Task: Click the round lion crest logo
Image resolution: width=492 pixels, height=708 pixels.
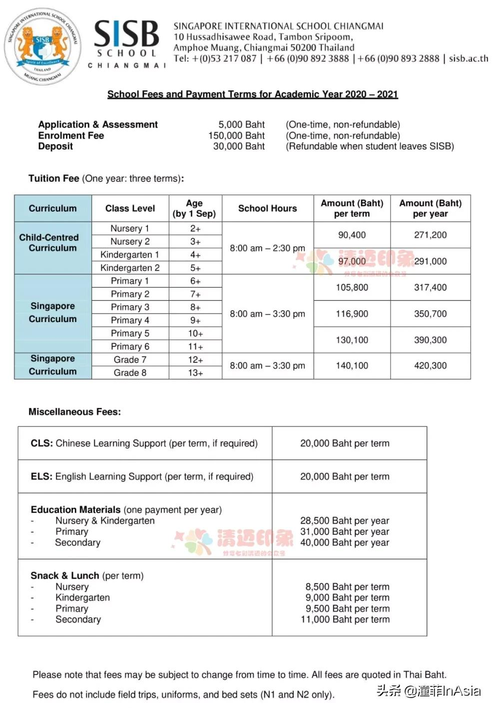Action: coord(43,46)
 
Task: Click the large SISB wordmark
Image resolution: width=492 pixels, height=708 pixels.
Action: coord(127,34)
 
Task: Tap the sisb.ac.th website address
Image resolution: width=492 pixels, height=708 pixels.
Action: coord(468,58)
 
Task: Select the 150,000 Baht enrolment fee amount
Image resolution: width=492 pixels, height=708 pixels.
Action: coord(236,135)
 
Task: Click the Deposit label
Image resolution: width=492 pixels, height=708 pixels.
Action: coord(55,146)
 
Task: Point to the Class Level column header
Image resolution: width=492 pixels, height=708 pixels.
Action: coord(130,208)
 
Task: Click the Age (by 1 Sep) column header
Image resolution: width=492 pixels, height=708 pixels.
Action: coord(194,208)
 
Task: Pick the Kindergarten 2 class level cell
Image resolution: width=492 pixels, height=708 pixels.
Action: coord(130,268)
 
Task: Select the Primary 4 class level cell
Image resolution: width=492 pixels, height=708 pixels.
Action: coord(130,320)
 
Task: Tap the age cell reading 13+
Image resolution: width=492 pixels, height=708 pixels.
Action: coord(195,372)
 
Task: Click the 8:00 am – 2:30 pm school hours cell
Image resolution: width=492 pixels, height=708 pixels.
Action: coord(267,248)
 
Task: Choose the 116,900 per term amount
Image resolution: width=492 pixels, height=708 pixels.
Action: coord(352,314)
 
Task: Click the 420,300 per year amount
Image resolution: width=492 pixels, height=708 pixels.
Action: coord(430,365)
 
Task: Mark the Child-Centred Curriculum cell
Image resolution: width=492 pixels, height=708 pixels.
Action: coord(52,243)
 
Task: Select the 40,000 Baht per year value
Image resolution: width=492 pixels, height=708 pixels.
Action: coord(344,543)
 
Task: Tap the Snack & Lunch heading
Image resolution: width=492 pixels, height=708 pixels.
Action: coord(64,576)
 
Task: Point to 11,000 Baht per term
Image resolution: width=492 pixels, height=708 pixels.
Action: coord(345,620)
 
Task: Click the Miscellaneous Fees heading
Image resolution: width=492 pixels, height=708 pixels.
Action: coord(74,412)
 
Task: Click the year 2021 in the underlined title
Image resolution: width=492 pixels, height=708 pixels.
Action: coord(387,94)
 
